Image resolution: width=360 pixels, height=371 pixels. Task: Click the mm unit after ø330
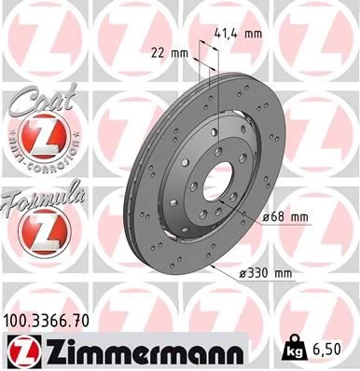coord(284,273)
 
